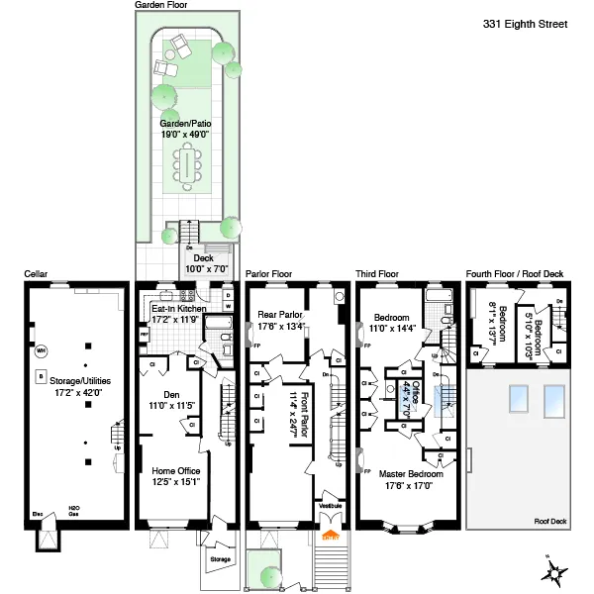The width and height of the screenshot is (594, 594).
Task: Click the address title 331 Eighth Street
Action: pos(525,23)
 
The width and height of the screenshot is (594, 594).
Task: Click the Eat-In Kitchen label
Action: pos(178,314)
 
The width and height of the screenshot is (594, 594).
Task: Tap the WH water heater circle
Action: pos(41,350)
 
